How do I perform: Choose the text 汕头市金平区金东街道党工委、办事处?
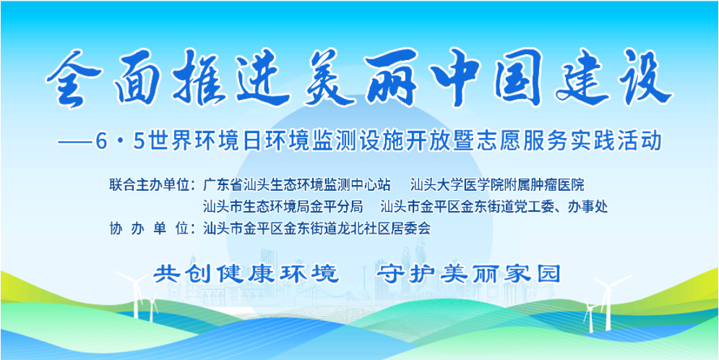tap(494, 206)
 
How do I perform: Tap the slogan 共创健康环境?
tap(246, 274)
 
